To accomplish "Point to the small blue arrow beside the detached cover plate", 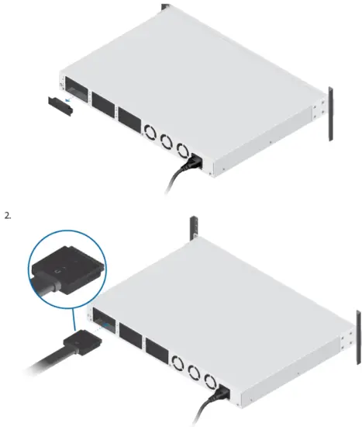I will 71,100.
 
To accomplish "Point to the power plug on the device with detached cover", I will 195,164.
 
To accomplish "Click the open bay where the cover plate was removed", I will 77,88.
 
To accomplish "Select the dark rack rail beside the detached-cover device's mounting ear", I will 329,114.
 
